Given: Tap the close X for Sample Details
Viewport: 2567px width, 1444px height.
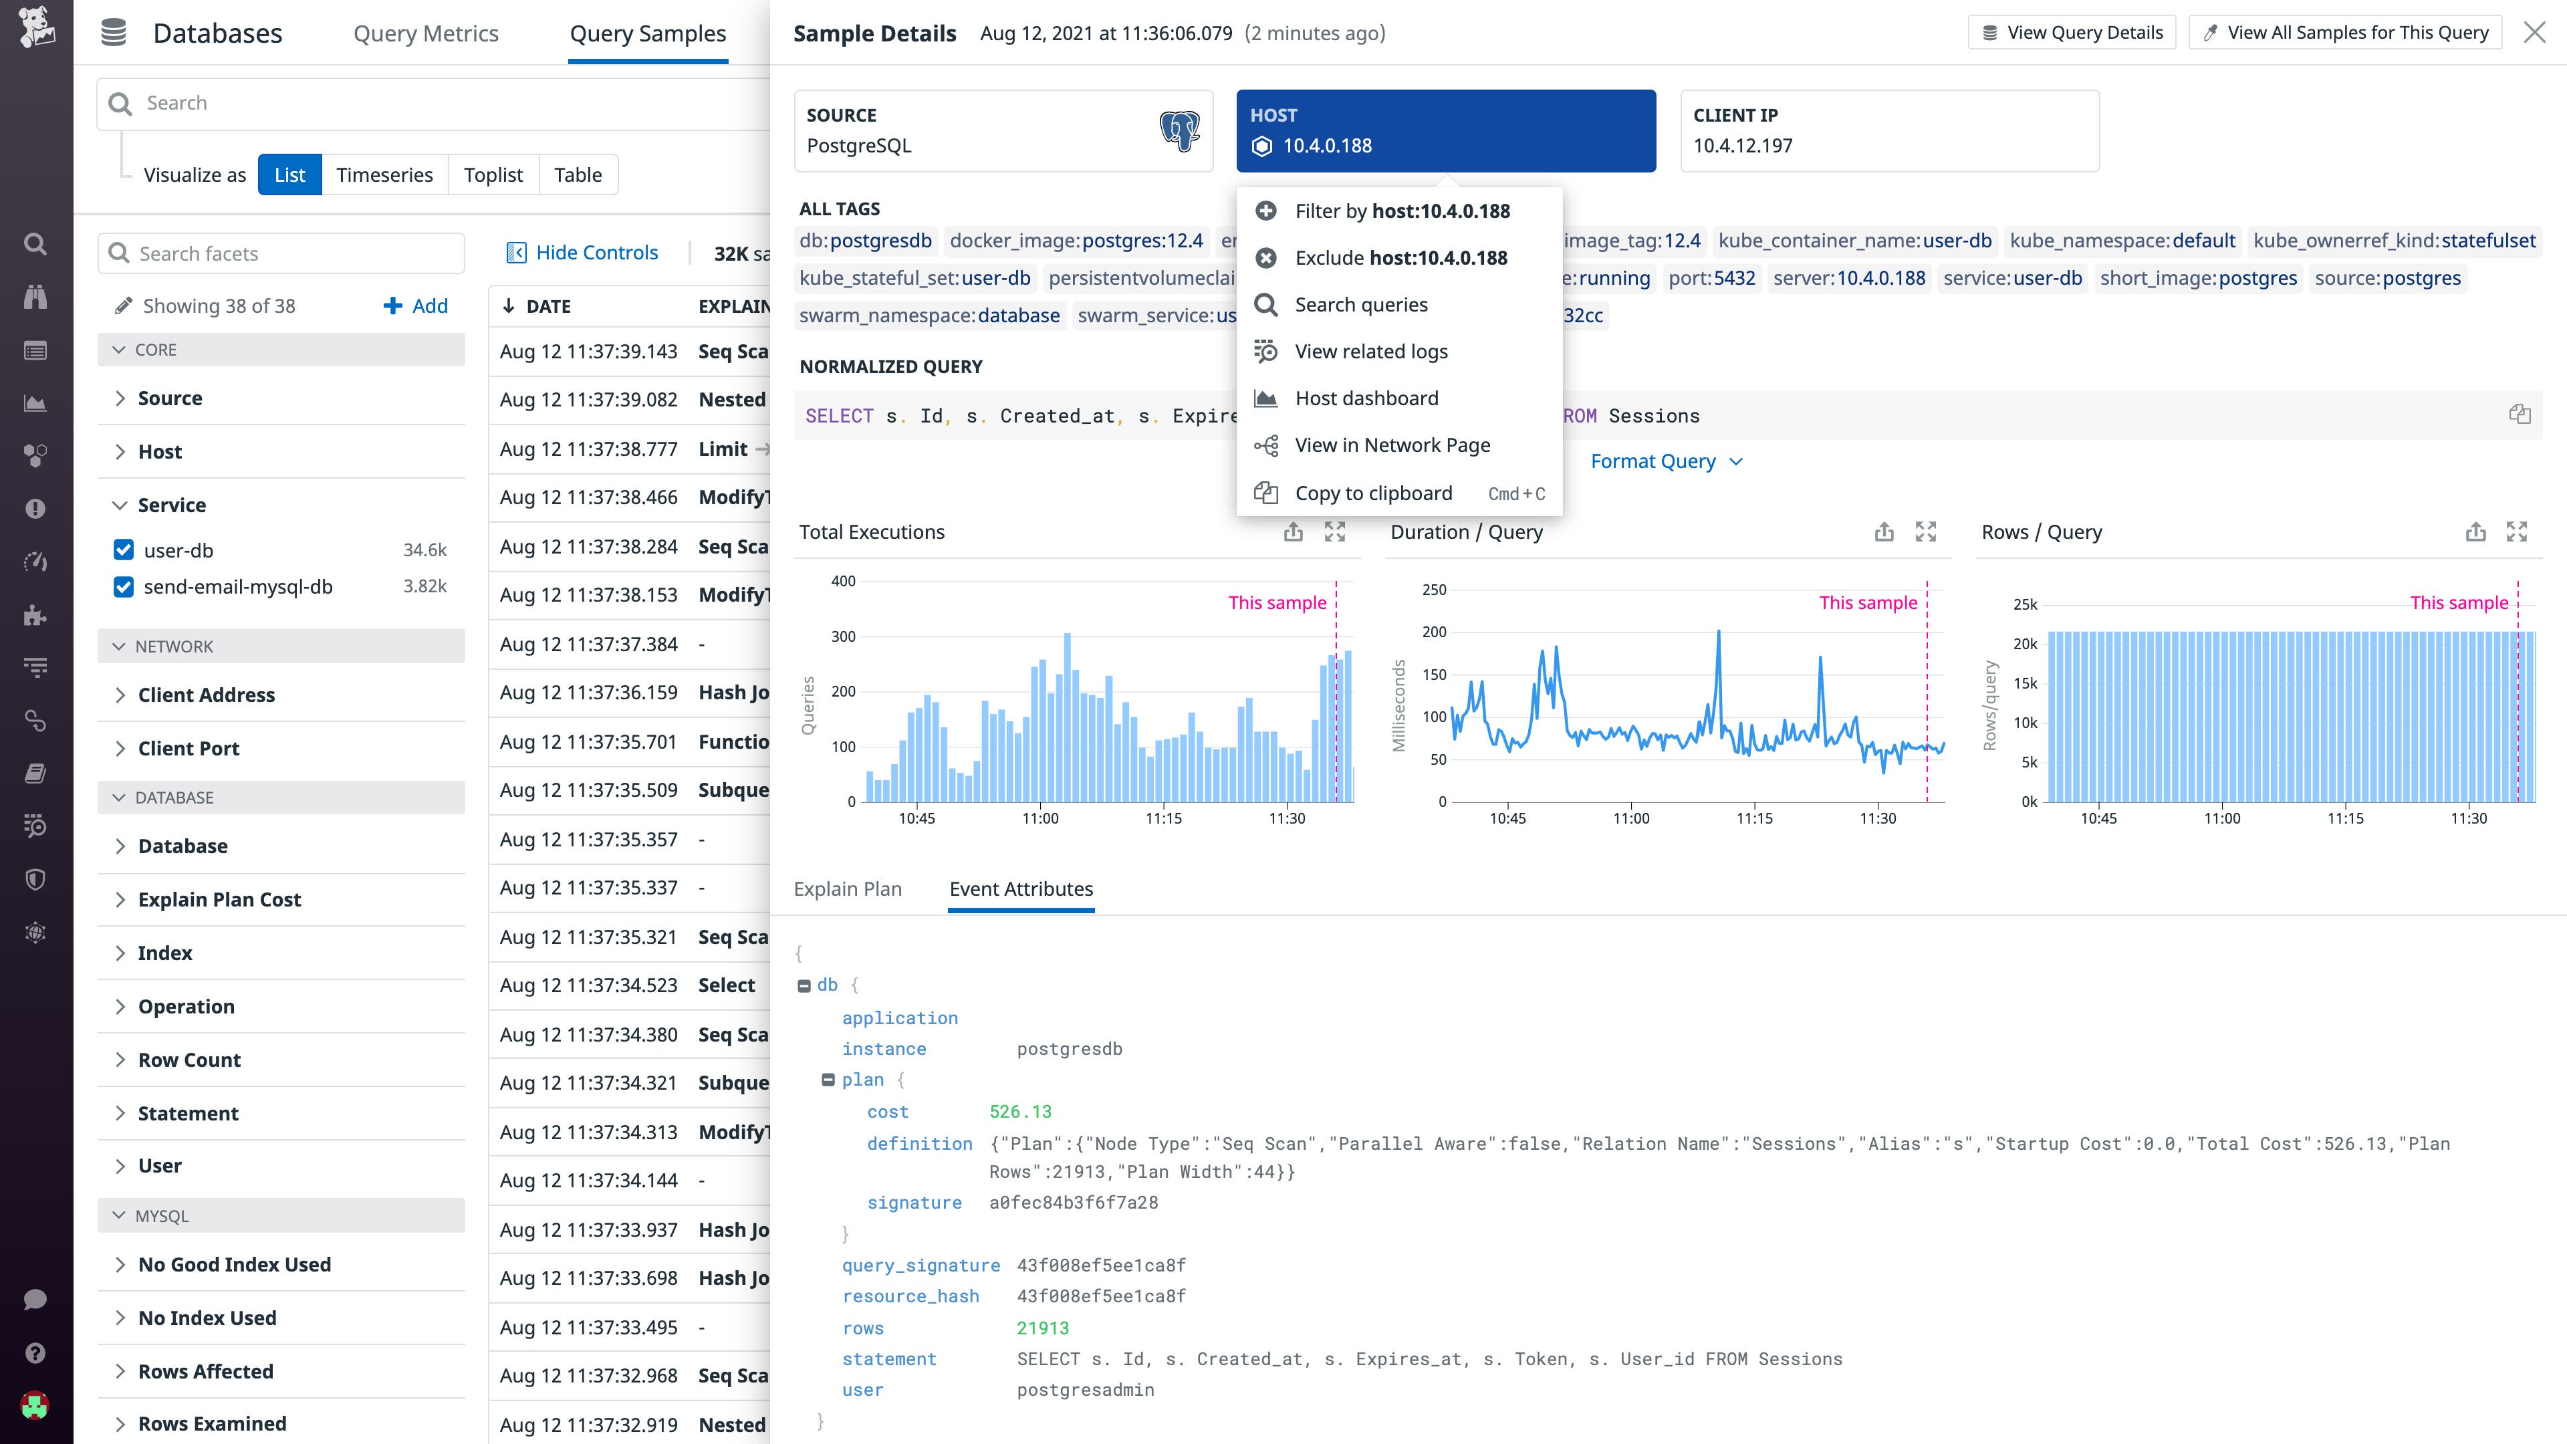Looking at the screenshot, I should [x=2534, y=33].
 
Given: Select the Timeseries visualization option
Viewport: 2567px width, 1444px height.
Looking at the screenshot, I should [x=384, y=175].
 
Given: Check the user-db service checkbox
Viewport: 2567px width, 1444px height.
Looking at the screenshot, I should [x=124, y=550].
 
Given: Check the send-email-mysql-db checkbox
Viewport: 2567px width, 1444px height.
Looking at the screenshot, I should [x=124, y=587].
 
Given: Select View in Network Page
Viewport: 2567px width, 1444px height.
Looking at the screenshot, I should [x=1391, y=445].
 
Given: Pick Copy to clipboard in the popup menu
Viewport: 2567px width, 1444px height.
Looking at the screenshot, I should [x=1372, y=493].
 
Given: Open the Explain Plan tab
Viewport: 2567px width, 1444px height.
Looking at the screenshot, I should [x=847, y=889].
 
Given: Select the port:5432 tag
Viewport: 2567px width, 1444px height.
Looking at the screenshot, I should [x=1711, y=278].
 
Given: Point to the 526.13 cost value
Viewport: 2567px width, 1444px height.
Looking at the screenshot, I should [x=1019, y=1111].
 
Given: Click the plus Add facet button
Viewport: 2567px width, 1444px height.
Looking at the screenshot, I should [x=416, y=306].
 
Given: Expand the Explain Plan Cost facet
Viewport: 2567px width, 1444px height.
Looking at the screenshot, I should [x=219, y=900].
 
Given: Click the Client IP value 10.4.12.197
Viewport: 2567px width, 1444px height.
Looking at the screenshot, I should [x=1742, y=146].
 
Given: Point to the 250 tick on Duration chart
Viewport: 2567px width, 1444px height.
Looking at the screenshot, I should [x=1433, y=590].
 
